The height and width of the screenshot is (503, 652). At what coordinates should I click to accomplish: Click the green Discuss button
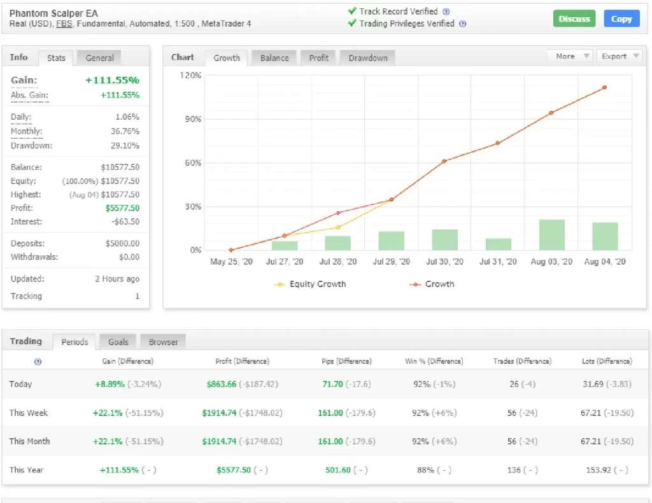pos(574,18)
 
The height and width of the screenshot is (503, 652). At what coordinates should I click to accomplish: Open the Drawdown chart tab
pos(367,58)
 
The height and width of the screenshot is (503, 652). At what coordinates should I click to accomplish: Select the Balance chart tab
pos(274,58)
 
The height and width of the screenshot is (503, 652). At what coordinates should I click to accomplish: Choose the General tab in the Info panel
pos(99,58)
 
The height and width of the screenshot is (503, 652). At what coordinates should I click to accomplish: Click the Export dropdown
pos(619,56)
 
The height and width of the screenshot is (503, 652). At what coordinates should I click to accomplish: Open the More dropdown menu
pos(571,56)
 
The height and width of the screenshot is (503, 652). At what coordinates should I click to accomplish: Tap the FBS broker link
pos(64,24)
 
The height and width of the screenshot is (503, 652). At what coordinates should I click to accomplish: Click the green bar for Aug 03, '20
pos(552,235)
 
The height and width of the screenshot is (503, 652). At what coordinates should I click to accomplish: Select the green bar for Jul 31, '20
pos(498,244)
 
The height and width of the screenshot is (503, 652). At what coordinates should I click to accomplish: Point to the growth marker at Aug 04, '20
pos(604,87)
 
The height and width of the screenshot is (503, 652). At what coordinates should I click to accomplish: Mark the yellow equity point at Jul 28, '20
pos(338,227)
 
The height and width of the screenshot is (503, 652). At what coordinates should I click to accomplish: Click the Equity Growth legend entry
pos(310,285)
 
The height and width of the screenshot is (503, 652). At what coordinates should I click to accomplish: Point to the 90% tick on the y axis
pos(193,119)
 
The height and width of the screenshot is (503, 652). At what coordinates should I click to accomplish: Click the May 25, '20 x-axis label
pos(231,262)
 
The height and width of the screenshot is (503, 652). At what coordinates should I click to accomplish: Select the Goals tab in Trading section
pos(118,342)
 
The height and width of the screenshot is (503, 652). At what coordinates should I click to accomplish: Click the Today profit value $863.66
pos(221,384)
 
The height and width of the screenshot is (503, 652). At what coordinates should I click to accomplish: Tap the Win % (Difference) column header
pos(434,361)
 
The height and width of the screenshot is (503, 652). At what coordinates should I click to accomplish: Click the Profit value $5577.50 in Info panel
pos(122,208)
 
